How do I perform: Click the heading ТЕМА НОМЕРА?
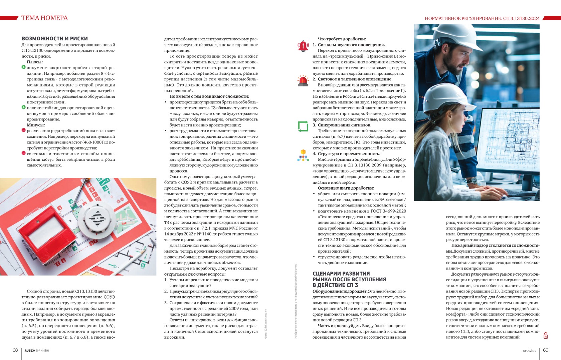click(x=44, y=18)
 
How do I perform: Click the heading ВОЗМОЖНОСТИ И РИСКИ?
click(x=54, y=39)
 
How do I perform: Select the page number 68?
click(x=15, y=350)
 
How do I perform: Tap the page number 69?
click(x=546, y=350)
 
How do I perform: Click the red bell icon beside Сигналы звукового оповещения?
click(x=303, y=46)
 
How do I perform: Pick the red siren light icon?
click(x=303, y=81)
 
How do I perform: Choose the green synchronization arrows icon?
click(x=303, y=126)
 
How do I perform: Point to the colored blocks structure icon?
click(x=303, y=155)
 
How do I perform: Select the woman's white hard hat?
click(x=443, y=98)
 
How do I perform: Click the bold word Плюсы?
click(x=35, y=62)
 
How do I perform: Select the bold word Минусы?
click(x=36, y=125)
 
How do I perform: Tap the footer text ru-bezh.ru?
click(x=529, y=350)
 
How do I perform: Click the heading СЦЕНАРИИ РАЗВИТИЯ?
click(x=341, y=274)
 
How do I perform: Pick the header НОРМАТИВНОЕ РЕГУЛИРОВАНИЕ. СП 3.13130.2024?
click(x=482, y=18)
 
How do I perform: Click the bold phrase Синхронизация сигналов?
click(x=344, y=125)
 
